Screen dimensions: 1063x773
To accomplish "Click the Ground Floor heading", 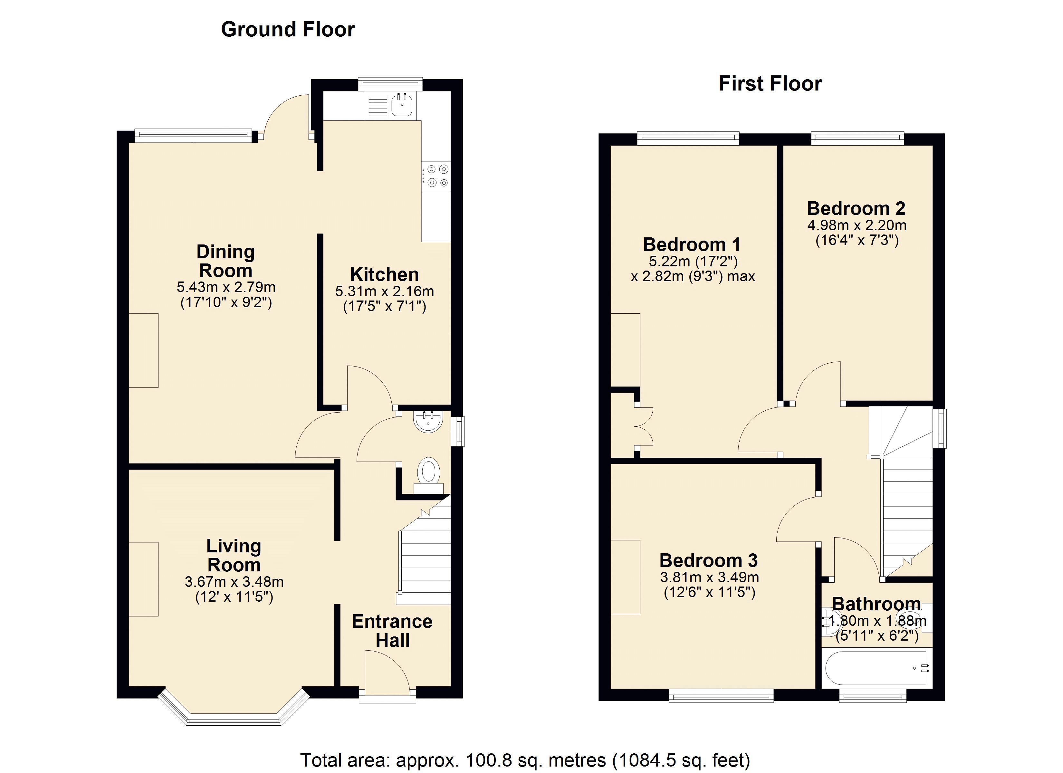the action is tap(288, 30).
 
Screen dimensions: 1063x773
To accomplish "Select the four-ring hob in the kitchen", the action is tap(436, 176).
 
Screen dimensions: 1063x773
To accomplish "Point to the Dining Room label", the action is tap(225, 261).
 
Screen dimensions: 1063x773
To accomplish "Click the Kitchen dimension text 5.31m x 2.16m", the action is tap(384, 291).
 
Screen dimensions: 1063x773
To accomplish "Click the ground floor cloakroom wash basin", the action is tap(428, 421).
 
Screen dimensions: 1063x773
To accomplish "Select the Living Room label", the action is tap(234, 556).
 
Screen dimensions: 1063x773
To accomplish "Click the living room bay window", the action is tap(234, 708).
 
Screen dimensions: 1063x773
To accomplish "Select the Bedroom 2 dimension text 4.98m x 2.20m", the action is tap(857, 225).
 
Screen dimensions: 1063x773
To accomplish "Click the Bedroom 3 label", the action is tap(709, 561).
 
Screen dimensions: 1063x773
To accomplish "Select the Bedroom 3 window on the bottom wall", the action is tap(721, 696).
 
